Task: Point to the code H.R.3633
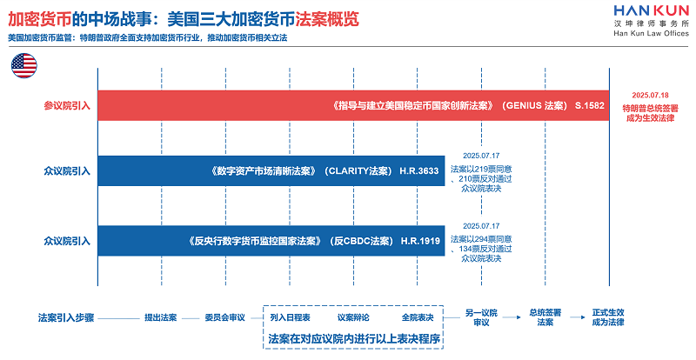419,170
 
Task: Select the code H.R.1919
419,239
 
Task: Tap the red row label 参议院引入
67,105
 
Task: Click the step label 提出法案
160,317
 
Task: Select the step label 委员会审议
225,317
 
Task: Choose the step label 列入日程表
290,317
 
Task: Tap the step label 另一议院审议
482,317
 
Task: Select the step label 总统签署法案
545,317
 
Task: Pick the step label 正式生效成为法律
609,317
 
